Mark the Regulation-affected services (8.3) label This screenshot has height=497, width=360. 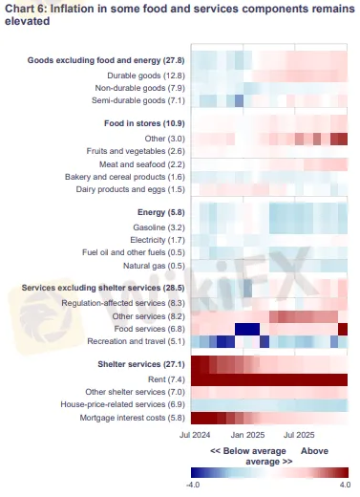(121, 302)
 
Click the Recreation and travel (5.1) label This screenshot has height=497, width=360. (132, 340)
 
